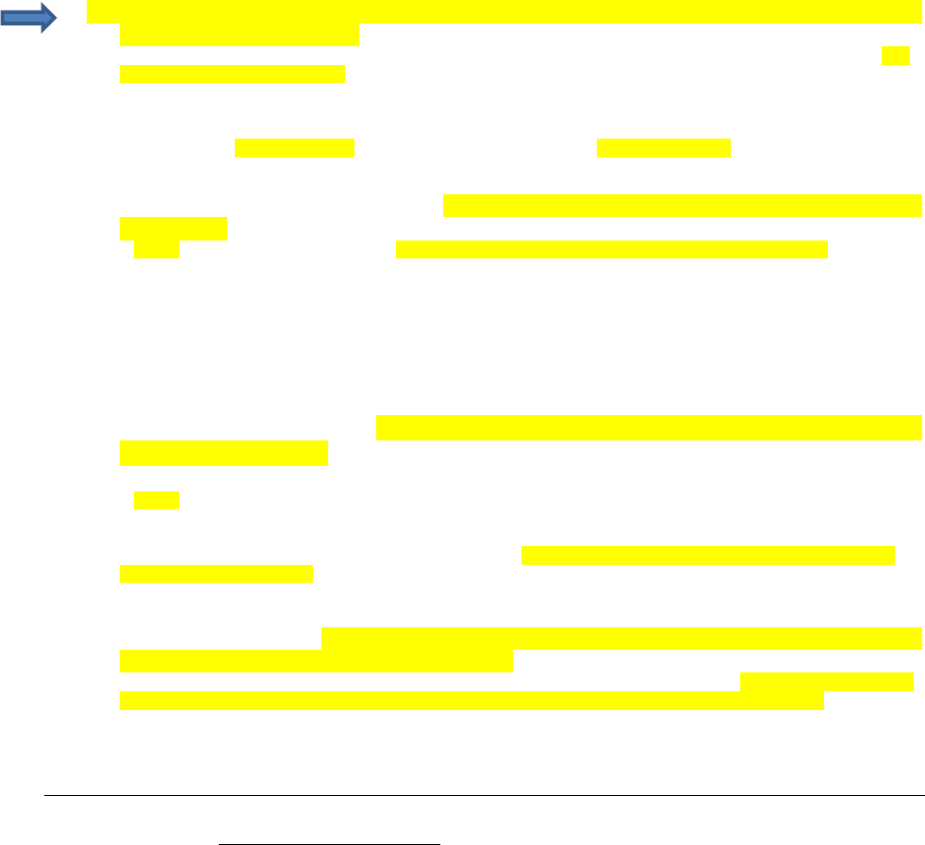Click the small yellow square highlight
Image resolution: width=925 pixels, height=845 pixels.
click(x=896, y=56)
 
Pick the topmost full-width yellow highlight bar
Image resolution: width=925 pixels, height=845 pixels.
click(x=504, y=12)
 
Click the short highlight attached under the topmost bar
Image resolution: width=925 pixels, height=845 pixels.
click(x=240, y=36)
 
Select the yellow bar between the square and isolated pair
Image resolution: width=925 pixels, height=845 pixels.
click(x=232, y=75)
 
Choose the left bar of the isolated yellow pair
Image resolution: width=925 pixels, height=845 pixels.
click(x=294, y=148)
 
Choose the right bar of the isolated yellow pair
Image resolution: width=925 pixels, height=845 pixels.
click(x=664, y=148)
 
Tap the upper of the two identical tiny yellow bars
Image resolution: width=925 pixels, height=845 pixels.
click(x=157, y=249)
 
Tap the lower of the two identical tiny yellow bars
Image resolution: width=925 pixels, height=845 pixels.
click(x=157, y=500)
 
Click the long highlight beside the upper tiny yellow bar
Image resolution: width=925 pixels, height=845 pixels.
click(x=611, y=249)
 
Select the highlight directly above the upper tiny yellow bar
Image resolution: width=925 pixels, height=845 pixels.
click(x=173, y=228)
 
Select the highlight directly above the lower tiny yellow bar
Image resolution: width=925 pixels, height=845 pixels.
click(x=223, y=453)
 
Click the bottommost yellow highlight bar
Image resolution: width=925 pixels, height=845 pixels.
click(x=471, y=701)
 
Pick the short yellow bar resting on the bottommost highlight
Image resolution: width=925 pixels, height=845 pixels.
click(x=827, y=682)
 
